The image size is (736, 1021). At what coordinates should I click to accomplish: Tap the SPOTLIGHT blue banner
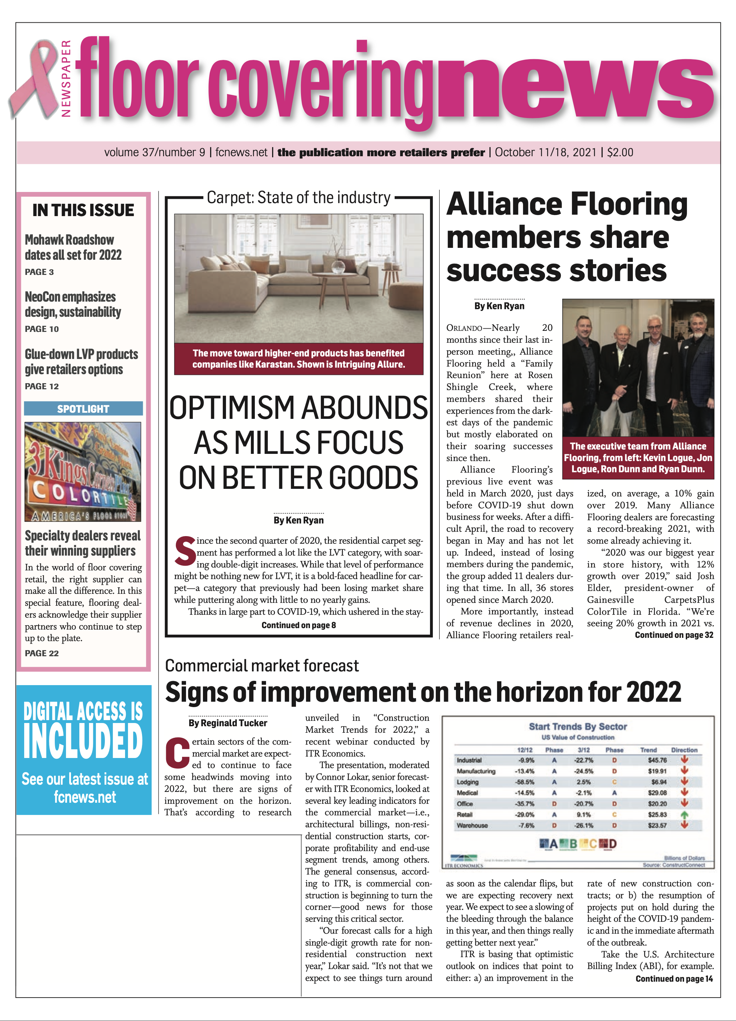(x=83, y=408)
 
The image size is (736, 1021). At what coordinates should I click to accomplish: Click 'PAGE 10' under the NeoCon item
(x=42, y=329)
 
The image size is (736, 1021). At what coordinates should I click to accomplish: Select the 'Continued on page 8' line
(x=298, y=625)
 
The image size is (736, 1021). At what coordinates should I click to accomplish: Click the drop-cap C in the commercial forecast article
(x=178, y=752)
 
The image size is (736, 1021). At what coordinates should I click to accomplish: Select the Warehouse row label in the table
(x=472, y=825)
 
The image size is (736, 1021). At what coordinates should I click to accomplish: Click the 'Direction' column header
(x=684, y=750)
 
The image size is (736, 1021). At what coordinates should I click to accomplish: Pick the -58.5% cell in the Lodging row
(x=524, y=782)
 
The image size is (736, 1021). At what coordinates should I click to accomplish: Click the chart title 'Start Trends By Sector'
(x=578, y=726)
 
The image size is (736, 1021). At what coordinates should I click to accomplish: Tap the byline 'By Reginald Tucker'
(x=228, y=723)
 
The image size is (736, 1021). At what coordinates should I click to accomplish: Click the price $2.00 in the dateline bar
(x=620, y=152)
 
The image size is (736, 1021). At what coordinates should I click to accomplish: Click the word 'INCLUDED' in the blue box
(x=83, y=741)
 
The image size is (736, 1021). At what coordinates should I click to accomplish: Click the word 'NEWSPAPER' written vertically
(x=66, y=79)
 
